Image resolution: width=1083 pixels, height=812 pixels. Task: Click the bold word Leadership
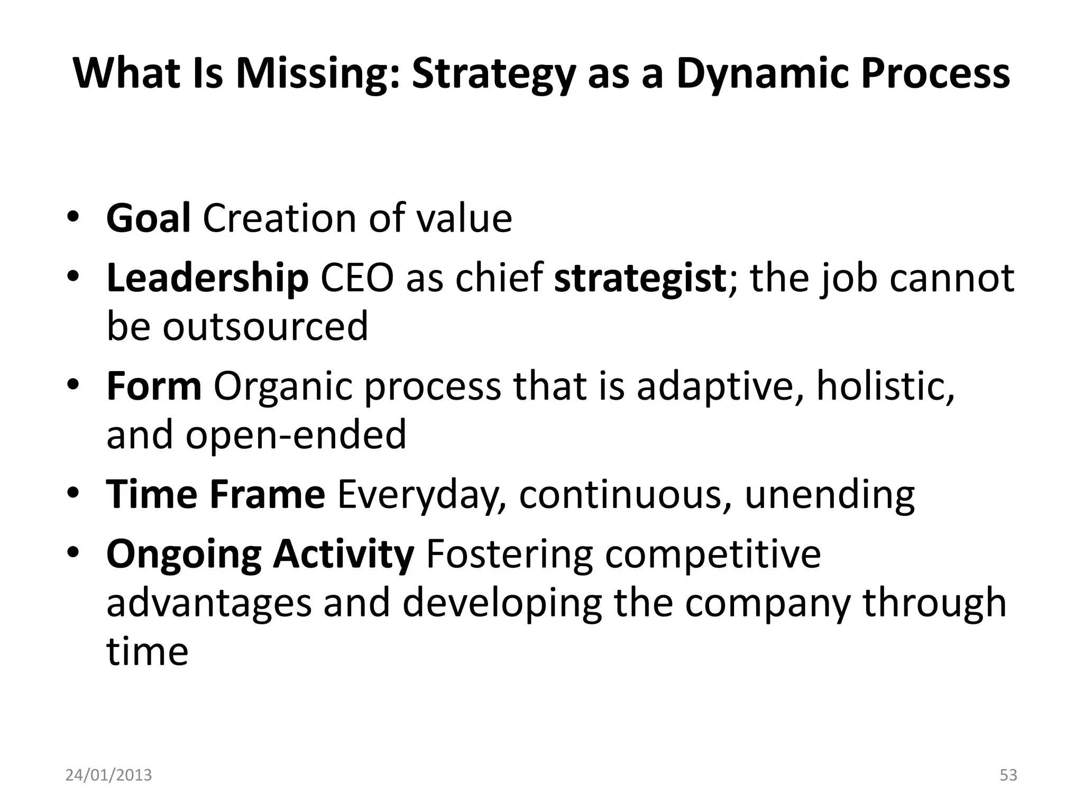[x=207, y=278]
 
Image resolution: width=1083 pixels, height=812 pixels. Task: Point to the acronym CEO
[x=357, y=278]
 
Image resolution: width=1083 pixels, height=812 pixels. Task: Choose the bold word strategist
[x=640, y=278]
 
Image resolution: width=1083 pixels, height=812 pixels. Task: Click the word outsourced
[x=265, y=326]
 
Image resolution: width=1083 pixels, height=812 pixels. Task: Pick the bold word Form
[x=154, y=386]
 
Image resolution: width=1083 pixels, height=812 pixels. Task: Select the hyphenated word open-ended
[x=296, y=435]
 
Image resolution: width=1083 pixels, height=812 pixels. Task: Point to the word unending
[x=830, y=494]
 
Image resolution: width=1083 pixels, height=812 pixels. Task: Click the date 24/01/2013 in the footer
[x=108, y=775]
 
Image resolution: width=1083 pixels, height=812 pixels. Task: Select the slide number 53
[x=1008, y=775]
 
